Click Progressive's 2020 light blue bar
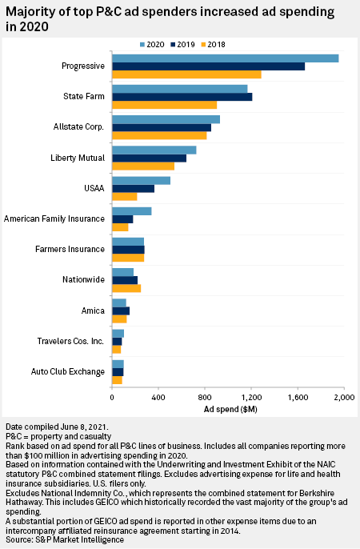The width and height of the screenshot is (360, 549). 226,58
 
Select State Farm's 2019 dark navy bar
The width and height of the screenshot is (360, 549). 182,97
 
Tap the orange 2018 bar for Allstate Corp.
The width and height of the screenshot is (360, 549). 159,135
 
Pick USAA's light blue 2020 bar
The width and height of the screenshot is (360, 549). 141,181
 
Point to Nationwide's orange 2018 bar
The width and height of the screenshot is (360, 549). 126,288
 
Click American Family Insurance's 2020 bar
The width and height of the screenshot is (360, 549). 131,211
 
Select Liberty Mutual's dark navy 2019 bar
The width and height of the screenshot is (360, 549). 149,158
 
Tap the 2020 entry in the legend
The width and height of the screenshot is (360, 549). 152,45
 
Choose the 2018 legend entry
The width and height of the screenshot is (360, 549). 213,45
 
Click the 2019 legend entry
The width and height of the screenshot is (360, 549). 182,45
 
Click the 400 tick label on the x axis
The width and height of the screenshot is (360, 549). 158,398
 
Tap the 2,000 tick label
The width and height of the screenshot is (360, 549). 345,398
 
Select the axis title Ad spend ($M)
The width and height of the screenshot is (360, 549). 230,409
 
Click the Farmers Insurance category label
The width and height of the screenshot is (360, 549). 70,249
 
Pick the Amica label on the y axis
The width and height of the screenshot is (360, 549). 93,311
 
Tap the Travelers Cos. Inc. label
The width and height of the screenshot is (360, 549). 70,341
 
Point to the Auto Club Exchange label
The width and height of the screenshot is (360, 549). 68,371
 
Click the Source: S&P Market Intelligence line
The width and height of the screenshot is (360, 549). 65,540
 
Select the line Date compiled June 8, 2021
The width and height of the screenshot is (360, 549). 57,427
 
